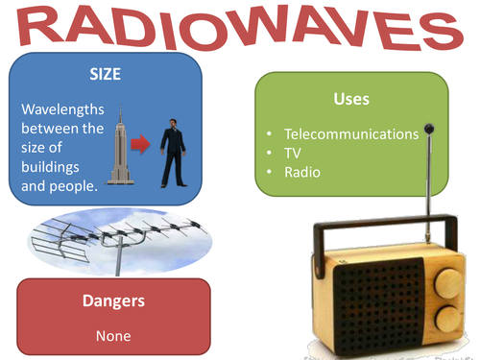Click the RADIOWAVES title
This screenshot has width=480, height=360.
point(240,29)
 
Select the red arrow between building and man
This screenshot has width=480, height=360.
point(139,145)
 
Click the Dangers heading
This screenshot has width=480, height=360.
point(113,300)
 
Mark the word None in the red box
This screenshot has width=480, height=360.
point(113,336)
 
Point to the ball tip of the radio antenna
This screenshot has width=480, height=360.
point(428,128)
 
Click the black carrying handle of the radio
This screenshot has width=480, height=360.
point(384,228)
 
